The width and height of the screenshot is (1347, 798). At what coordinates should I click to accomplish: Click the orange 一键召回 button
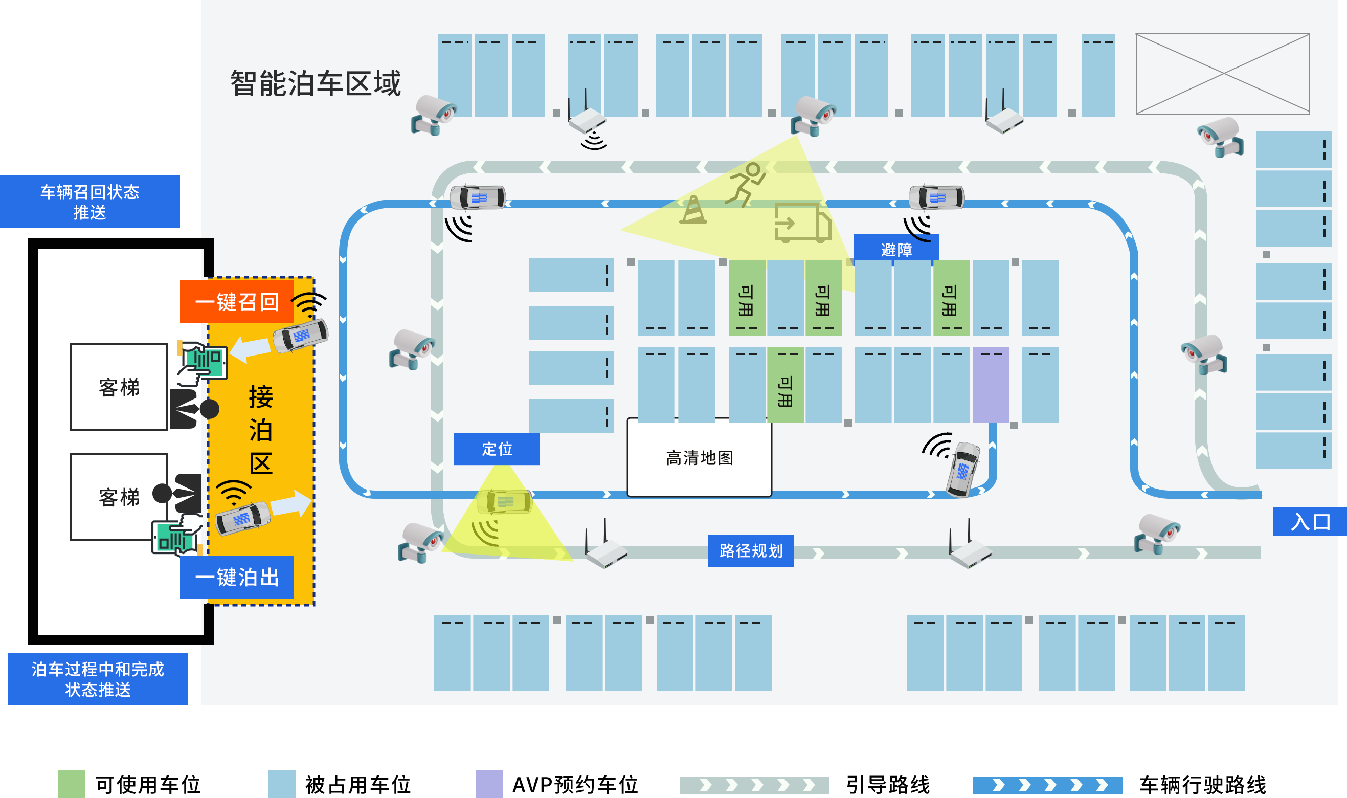click(236, 302)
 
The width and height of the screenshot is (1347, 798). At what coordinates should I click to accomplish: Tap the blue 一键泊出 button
click(236, 577)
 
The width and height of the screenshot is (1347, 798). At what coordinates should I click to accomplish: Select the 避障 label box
click(896, 249)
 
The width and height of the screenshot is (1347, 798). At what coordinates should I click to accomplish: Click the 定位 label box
click(497, 449)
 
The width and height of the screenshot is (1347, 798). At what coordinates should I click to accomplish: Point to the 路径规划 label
click(750, 550)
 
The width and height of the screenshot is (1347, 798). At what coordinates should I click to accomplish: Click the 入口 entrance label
click(1309, 522)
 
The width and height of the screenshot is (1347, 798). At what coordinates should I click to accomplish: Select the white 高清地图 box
click(699, 458)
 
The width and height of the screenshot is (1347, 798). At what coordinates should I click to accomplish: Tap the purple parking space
click(991, 385)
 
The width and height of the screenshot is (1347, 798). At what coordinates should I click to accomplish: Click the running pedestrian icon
click(746, 184)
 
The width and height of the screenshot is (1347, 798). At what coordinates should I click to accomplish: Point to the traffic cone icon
click(693, 210)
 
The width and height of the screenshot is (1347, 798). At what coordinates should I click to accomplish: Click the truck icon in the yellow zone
click(802, 223)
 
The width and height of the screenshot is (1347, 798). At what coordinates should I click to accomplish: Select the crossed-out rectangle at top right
click(1222, 74)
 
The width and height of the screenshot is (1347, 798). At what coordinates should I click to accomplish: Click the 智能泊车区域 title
click(316, 83)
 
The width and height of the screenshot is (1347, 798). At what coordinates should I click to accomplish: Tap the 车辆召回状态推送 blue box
click(90, 202)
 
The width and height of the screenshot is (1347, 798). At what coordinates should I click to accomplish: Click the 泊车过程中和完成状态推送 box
click(98, 679)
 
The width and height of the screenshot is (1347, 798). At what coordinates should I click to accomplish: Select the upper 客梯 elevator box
click(119, 387)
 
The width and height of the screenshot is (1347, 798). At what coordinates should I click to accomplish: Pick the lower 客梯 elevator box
click(119, 497)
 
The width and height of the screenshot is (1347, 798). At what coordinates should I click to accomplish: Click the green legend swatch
click(71, 784)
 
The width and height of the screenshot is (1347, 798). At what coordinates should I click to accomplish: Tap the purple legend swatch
click(488, 784)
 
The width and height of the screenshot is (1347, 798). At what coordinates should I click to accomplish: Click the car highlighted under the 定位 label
click(504, 502)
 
